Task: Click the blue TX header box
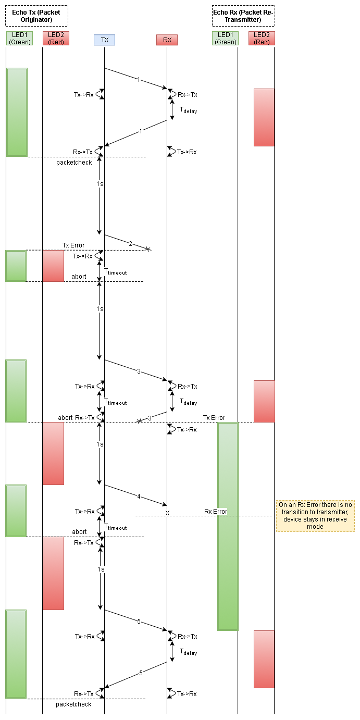tap(104, 40)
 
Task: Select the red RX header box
tap(167, 40)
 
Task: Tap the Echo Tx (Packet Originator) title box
tap(36, 16)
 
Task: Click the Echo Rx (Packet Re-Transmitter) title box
tap(243, 16)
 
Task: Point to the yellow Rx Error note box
tap(316, 516)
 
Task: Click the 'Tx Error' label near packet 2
tap(73, 245)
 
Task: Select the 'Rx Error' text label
tap(216, 512)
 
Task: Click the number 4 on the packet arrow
tap(139, 496)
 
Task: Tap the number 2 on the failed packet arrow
tap(131, 243)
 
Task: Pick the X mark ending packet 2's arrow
tap(148, 250)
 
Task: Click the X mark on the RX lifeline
tap(167, 513)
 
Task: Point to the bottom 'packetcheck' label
tap(73, 704)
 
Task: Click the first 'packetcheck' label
tap(74, 163)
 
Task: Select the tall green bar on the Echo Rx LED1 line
tap(228, 526)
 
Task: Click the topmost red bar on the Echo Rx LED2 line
tap(264, 117)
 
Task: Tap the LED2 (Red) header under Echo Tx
tap(56, 38)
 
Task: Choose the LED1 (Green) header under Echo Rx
tap(226, 38)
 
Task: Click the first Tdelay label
tap(188, 110)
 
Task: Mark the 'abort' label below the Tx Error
tap(79, 277)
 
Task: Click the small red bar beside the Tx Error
tap(53, 266)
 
